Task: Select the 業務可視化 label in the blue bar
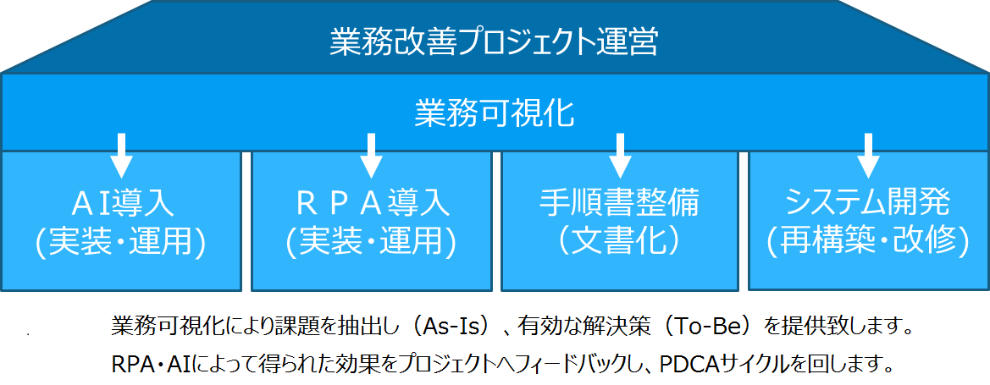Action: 495,113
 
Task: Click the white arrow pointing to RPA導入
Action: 371,155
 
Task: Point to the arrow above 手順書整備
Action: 620,155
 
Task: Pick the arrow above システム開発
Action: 869,155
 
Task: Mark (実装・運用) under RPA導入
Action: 371,243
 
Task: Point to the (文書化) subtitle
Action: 619,243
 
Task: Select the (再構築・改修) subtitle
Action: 868,243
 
